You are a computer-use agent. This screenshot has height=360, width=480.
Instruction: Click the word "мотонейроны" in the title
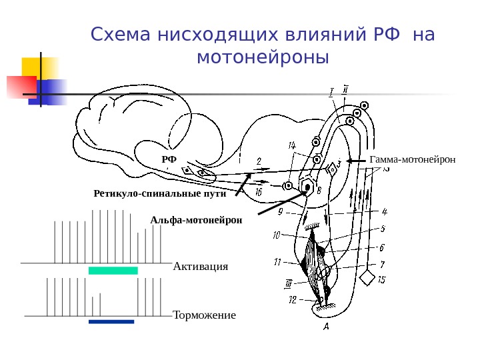pos(263,58)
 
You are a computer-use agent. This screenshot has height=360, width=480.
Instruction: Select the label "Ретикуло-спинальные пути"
pos(160,194)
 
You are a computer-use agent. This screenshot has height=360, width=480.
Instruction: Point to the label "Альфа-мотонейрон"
pos(196,219)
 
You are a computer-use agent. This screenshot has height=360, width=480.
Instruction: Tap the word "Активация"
pos(200,267)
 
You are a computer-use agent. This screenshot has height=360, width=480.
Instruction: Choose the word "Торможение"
pos(204,315)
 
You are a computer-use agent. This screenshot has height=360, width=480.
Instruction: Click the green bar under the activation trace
pos(113,271)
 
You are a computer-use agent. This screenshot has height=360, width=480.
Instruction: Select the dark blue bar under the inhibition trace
pos(111,321)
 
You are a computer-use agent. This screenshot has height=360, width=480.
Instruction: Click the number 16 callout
pos(258,192)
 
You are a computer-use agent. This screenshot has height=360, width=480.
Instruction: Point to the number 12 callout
pos(292,301)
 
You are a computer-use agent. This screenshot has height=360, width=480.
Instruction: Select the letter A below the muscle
pos(326,327)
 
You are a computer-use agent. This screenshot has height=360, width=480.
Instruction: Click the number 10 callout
pos(277,235)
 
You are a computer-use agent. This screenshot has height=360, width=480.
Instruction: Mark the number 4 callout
pos(384,212)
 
